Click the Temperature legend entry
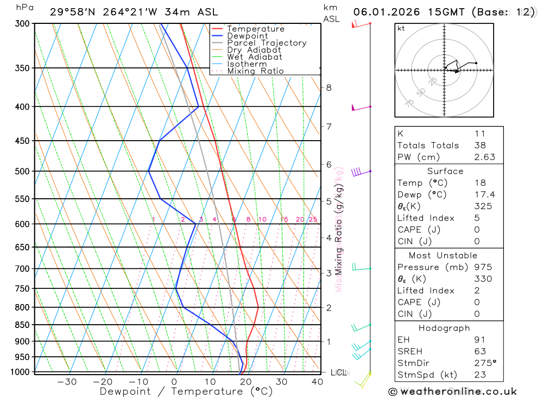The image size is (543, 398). pyautogui.click(x=255, y=29)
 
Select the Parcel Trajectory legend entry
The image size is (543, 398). pyautogui.click(x=267, y=43)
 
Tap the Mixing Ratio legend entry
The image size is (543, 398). pyautogui.click(x=255, y=71)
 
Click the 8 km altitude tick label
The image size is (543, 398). pyautogui.click(x=329, y=87)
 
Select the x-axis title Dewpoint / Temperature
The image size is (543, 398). pyautogui.click(x=186, y=391)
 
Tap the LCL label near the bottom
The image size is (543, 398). pyautogui.click(x=339, y=372)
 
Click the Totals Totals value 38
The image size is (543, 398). pyautogui.click(x=480, y=146)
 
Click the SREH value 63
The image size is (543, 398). pyautogui.click(x=480, y=351)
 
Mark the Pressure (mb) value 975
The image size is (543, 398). pyautogui.click(x=482, y=267)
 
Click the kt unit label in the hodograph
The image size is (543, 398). pyautogui.click(x=401, y=28)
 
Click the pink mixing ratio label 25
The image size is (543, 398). pyautogui.click(x=313, y=219)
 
